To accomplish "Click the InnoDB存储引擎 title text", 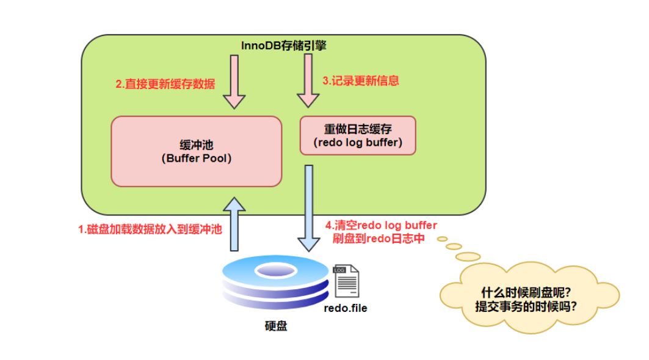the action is click(283, 46).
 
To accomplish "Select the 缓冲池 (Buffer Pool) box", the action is click(196, 151).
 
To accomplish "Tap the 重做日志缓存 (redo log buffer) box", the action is click(358, 135).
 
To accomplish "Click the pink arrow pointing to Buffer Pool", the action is click(234, 82).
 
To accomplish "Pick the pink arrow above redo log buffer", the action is click(308, 81).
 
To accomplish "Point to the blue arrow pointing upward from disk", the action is click(234, 225).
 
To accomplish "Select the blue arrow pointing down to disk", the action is click(309, 209).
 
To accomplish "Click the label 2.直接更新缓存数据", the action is click(165, 84).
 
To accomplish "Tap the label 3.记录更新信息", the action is click(360, 81).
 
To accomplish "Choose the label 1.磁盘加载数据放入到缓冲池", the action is click(150, 229).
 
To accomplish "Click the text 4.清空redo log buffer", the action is click(381, 225).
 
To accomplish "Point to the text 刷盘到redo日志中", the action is click(379, 239).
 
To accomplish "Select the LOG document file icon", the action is click(346, 281).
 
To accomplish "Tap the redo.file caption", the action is click(345, 308).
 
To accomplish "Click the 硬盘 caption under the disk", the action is click(276, 326).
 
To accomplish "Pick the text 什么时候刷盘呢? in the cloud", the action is click(526, 293).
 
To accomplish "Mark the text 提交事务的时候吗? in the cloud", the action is click(526, 307).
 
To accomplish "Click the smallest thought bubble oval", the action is click(443, 239).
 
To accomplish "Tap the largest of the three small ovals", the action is click(468, 256).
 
